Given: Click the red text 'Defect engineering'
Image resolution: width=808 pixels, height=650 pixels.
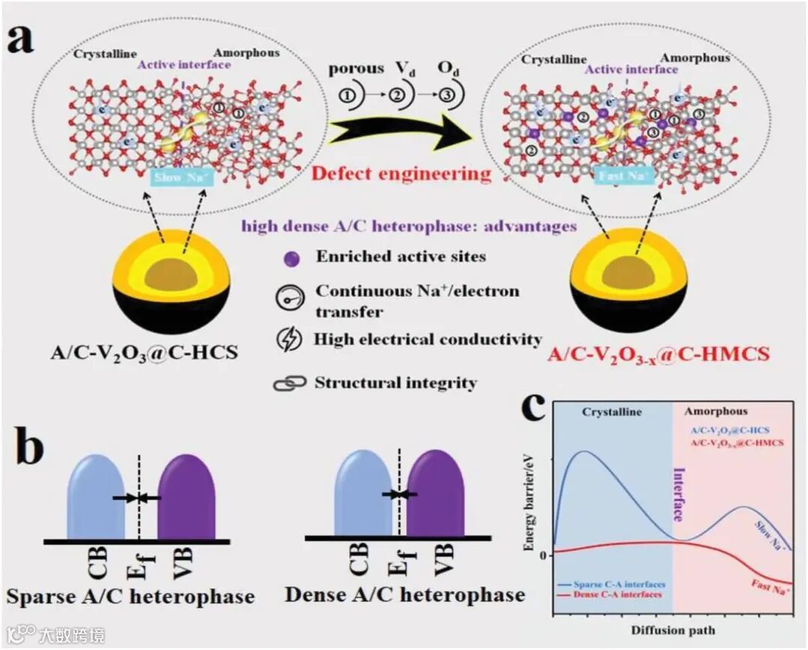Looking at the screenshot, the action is tap(401, 174).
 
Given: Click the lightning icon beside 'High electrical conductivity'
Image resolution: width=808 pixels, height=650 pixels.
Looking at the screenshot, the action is tap(287, 340).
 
